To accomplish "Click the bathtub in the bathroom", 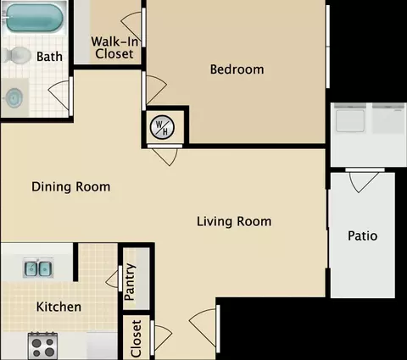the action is tap(34, 18).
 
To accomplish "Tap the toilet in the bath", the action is tap(16, 55).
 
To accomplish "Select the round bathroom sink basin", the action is tap(14, 97).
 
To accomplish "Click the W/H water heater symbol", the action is tap(162, 127).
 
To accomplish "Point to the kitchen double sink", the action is tap(38, 268).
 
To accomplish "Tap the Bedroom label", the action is tap(237, 69).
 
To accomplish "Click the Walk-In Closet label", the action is tap(114, 47).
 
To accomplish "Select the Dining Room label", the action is tap(71, 187).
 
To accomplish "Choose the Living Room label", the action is tap(234, 221).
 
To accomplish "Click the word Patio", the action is tap(362, 235).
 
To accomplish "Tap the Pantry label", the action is tap(130, 282).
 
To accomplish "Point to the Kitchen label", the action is tap(59, 307).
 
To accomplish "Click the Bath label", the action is tap(49, 57).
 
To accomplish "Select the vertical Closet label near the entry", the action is tap(137, 338).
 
